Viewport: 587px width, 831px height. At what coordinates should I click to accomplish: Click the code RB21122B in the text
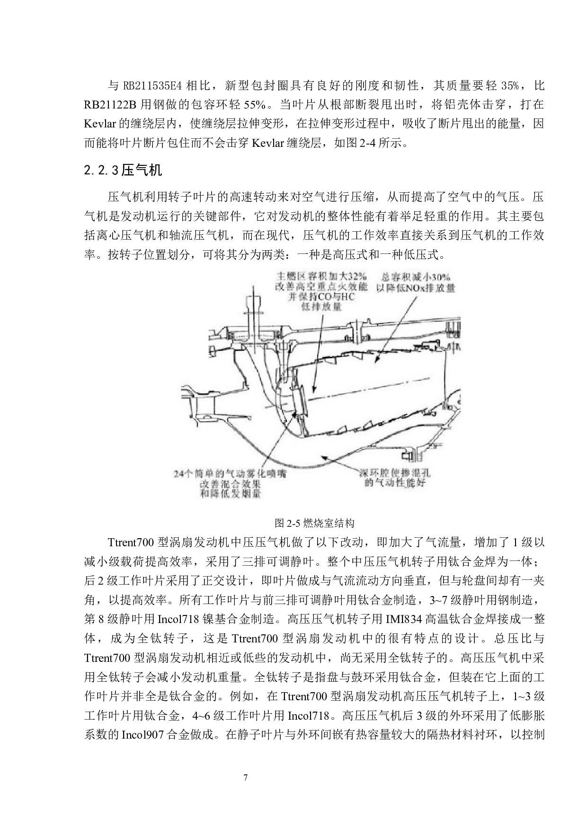(110, 105)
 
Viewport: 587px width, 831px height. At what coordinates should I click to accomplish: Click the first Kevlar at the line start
(100, 124)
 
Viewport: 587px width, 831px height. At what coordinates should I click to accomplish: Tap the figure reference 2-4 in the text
(367, 143)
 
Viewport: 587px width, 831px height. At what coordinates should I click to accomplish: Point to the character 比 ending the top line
(539, 86)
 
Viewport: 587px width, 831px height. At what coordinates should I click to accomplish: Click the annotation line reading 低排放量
(321, 307)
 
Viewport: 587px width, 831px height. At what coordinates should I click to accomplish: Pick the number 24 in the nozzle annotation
(178, 473)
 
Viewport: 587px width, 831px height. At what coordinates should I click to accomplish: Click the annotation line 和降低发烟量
(230, 494)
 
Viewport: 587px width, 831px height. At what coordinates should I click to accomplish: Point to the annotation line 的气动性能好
(395, 483)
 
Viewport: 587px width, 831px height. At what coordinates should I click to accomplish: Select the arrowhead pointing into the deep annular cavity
(324, 456)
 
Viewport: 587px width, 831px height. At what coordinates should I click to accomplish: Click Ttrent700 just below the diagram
(131, 542)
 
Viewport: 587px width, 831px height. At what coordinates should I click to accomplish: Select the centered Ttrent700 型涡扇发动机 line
(296, 639)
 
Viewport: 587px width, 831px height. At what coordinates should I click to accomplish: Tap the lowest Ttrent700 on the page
(304, 696)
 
